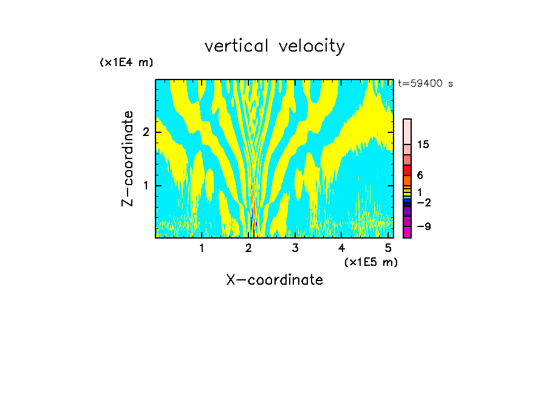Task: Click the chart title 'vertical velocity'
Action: pyautogui.click(x=274, y=46)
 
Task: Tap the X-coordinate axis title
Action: pyautogui.click(x=274, y=280)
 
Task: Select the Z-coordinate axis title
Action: pyautogui.click(x=128, y=158)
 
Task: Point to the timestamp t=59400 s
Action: pyautogui.click(x=425, y=84)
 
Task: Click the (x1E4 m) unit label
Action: pyautogui.click(x=126, y=63)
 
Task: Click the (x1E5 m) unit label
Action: pyautogui.click(x=370, y=262)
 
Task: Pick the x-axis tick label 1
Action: pyautogui.click(x=202, y=248)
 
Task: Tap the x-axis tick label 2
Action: pyautogui.click(x=248, y=248)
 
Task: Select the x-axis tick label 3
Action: pyautogui.click(x=295, y=248)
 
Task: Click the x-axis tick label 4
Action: pyautogui.click(x=341, y=248)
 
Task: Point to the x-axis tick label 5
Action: pyautogui.click(x=387, y=248)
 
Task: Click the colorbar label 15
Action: pyautogui.click(x=423, y=144)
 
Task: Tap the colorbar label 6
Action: pyautogui.click(x=420, y=175)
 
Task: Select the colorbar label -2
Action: pyautogui.click(x=423, y=202)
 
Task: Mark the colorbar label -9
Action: pyautogui.click(x=423, y=226)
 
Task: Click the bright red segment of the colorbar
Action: pyautogui.click(x=407, y=170)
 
